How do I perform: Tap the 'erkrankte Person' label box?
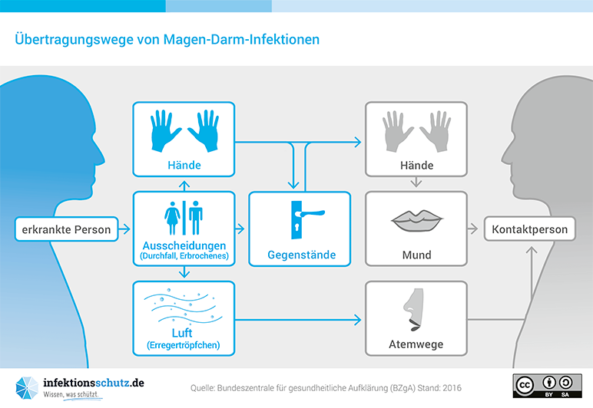click(66, 229)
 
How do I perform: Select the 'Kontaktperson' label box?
click(530, 229)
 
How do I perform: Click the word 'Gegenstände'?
click(301, 255)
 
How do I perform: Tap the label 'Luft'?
click(183, 334)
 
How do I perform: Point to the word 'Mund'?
click(416, 255)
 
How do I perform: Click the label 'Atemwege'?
click(416, 344)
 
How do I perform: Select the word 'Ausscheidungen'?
click(183, 245)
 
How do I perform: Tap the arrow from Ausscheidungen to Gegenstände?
click(240, 229)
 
